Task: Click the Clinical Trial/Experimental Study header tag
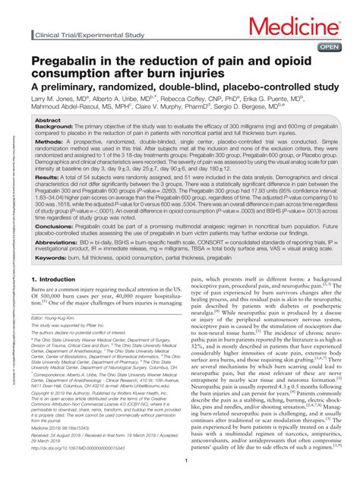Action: pyautogui.click(x=81, y=36)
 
